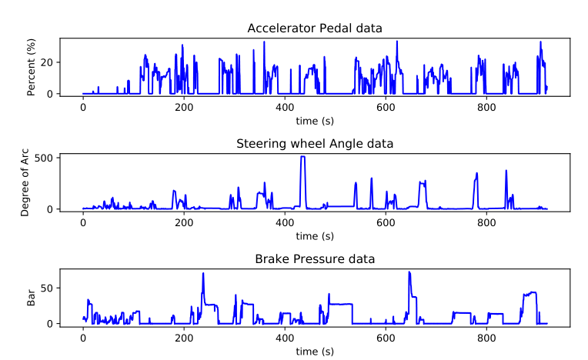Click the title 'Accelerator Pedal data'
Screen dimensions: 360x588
pos(315,28)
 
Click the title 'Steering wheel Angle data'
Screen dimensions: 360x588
pos(315,143)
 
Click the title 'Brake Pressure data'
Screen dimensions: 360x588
pos(315,258)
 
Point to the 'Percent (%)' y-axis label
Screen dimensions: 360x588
pos(32,67)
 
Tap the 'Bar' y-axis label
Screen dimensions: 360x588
pos(32,298)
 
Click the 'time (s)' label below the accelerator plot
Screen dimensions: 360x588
pos(315,121)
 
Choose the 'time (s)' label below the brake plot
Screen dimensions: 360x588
pos(315,352)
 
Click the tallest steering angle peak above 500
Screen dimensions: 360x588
pos(302,157)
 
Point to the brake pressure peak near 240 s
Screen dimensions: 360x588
pos(203,273)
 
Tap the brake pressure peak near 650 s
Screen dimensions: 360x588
pos(409,272)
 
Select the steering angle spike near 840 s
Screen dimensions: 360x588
pos(506,171)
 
